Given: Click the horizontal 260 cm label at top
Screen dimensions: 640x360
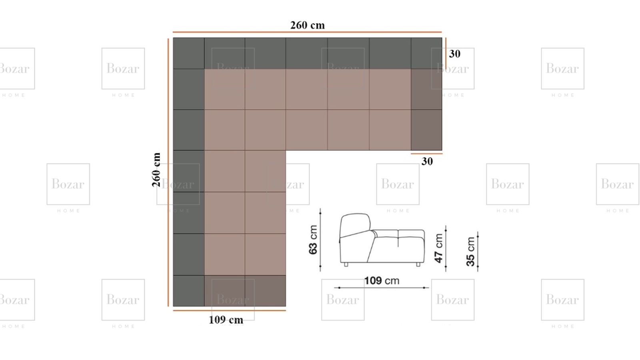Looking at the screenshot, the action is coord(308,25).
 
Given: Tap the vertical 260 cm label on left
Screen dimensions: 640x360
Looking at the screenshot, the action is coord(156,170).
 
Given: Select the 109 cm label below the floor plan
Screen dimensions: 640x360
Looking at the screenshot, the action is coord(226,320).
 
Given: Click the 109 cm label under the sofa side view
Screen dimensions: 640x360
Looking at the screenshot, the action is coord(382,280).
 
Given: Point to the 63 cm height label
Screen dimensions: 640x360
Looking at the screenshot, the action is coord(313,240).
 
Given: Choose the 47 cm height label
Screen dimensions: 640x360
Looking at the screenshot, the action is coord(438,248).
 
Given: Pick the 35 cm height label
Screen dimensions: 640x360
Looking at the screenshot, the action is coord(470,252).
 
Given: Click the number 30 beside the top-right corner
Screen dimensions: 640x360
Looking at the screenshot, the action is coord(454,54).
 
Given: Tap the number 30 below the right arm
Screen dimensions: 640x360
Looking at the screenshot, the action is coord(427,162).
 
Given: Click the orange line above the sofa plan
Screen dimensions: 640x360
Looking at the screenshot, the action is coord(307,32).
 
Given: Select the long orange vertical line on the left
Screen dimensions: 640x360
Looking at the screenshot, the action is coord(168,172).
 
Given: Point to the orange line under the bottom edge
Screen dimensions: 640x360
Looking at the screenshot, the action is coord(229,310).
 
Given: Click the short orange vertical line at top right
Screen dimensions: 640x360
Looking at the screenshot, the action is coord(446,53).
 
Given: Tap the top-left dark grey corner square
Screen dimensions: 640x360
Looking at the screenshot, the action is coord(188,53).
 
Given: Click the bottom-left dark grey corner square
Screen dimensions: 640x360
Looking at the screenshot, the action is coord(188,291).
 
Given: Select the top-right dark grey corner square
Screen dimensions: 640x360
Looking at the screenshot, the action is coord(426,53).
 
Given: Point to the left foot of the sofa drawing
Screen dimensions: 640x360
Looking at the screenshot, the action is coord(346,264).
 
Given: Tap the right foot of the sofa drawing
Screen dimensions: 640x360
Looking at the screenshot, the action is coord(418,264).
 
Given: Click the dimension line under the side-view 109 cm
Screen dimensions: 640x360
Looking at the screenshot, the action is coord(382,288).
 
